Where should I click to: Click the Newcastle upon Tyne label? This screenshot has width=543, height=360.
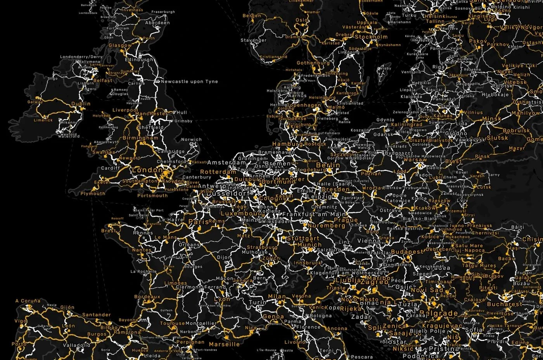coord(189,82)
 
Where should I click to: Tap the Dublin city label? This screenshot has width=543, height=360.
coord(81,104)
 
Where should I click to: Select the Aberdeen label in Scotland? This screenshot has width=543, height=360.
coord(157,23)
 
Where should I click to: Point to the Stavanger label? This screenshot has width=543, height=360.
coord(253,40)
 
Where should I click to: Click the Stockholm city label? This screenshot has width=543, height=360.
coord(371,37)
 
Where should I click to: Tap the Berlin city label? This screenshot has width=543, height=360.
coord(328,165)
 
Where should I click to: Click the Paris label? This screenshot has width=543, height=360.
coord(199,222)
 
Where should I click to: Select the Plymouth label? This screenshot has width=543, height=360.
coord(93,193)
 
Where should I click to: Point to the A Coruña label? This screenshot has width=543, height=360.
coord(28,301)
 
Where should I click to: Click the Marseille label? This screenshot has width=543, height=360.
coord(224,344)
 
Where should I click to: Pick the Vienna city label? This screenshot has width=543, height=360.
coord(368,241)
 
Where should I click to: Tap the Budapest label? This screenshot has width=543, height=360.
coord(407,252)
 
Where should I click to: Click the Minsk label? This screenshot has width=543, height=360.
coord(492,119)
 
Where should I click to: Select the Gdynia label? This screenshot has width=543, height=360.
coord(385,120)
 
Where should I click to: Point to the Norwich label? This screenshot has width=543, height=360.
coord(191,140)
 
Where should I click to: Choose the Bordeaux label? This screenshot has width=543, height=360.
coord(147,297)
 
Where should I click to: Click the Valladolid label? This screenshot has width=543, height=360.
coord(76,345)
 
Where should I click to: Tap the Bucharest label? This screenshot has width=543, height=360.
coord(505,304)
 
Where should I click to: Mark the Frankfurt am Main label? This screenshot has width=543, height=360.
coord(314,214)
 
